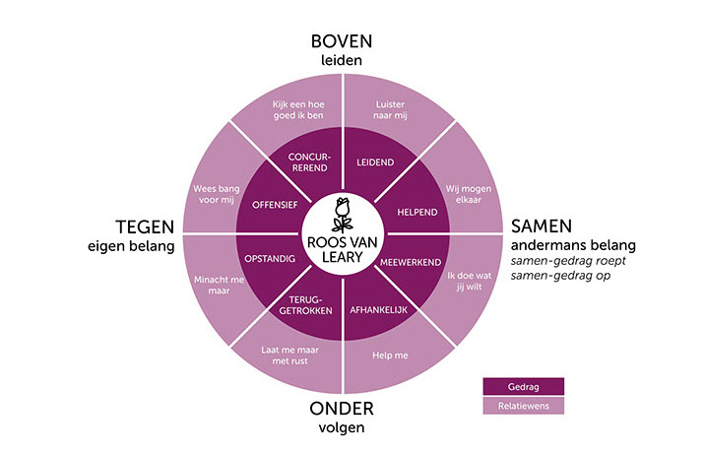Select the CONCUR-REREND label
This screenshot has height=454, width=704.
(310, 162)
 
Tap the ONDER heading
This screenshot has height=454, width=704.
(342, 407)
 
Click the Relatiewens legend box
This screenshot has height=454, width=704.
(523, 405)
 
